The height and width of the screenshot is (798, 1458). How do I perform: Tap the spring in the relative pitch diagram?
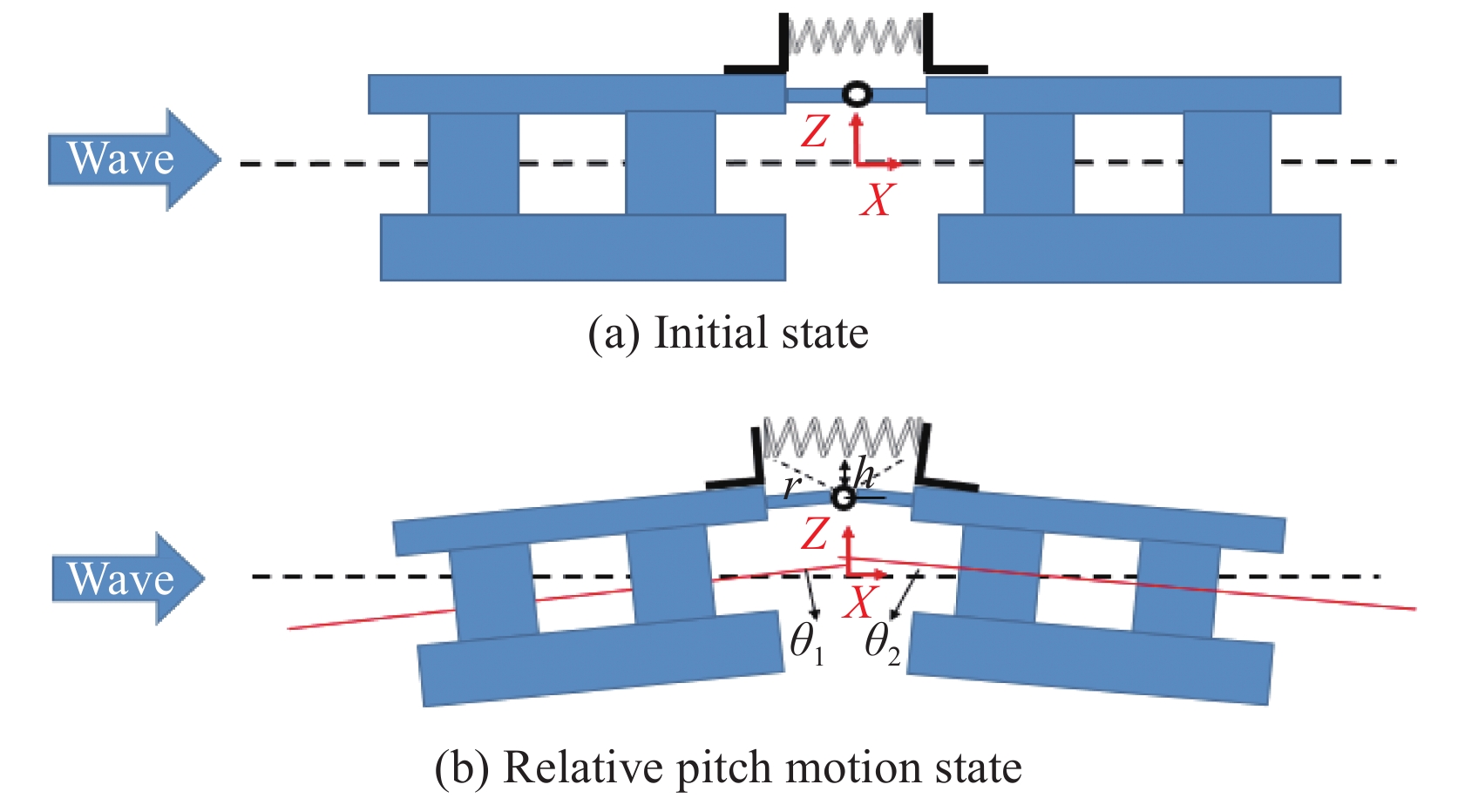click(x=841, y=437)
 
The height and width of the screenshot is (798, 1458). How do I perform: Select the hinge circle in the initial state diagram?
click(x=857, y=93)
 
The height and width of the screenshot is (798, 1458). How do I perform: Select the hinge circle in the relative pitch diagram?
click(x=843, y=498)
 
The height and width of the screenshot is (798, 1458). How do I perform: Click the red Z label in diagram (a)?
click(x=815, y=132)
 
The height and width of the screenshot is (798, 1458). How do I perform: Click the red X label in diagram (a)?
click(x=877, y=199)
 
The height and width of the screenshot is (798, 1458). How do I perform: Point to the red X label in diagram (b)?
click(x=859, y=602)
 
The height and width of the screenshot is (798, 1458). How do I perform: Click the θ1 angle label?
click(x=806, y=646)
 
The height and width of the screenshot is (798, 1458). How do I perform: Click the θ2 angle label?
click(x=881, y=646)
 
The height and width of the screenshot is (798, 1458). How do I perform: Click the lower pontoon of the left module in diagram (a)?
click(x=582, y=247)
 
